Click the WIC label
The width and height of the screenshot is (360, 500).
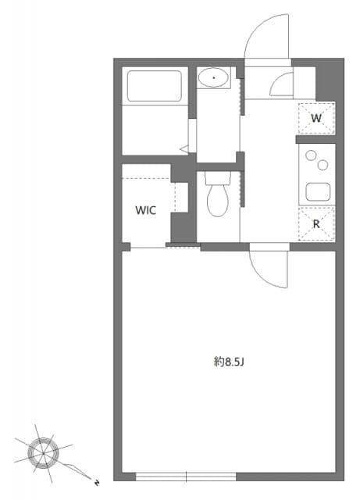pos(145,210)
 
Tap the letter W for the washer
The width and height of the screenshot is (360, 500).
pos(316,118)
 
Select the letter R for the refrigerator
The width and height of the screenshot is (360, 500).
pos(316,223)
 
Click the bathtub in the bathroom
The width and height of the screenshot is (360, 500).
pos(154,86)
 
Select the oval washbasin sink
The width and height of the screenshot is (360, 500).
pos(213,77)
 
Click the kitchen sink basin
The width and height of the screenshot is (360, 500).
pos(317,191)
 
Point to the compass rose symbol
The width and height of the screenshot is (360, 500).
pos(43,451)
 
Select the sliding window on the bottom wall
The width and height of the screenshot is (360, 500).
pos(186,475)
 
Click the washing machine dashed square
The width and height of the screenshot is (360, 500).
pos(316,118)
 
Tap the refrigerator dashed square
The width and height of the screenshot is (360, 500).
pos(316,223)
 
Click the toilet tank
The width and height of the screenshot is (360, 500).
pos(217,178)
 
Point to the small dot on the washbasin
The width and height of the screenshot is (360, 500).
pos(213,77)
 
